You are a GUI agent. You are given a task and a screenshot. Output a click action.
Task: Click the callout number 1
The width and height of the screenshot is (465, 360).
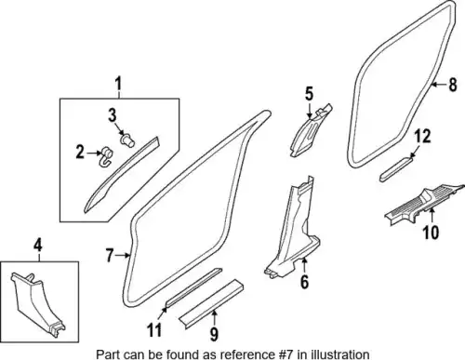(118, 84)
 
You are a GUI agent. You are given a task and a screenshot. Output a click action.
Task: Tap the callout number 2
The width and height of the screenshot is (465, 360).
(80, 153)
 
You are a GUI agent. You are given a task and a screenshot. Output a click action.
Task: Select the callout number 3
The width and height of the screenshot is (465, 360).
(113, 115)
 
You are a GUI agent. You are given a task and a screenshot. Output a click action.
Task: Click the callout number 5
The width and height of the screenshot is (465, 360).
(309, 94)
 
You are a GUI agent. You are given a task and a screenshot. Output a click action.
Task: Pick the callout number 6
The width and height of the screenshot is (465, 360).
(304, 282)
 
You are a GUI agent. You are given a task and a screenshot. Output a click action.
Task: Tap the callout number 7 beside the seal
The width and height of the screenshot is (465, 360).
(110, 256)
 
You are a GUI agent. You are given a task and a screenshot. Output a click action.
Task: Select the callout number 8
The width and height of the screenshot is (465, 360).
(453, 85)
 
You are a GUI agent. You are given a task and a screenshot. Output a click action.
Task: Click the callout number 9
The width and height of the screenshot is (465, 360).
(214, 334)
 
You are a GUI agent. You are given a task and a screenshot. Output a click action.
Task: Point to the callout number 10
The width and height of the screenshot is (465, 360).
(432, 232)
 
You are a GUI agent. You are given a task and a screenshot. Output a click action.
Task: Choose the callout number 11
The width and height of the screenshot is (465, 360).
(154, 330)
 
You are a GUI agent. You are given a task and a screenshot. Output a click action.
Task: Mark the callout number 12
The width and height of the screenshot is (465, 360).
(423, 137)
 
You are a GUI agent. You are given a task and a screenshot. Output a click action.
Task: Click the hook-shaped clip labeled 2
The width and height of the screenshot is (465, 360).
(106, 157)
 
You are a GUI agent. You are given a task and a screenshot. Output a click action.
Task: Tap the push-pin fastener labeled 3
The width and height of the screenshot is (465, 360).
(127, 140)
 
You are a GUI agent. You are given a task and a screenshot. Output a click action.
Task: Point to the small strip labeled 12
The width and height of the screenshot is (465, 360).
(397, 169)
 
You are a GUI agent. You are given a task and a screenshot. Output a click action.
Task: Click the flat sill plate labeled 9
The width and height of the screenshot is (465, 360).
(211, 305)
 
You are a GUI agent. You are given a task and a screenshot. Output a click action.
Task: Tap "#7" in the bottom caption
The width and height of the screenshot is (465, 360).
(285, 354)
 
